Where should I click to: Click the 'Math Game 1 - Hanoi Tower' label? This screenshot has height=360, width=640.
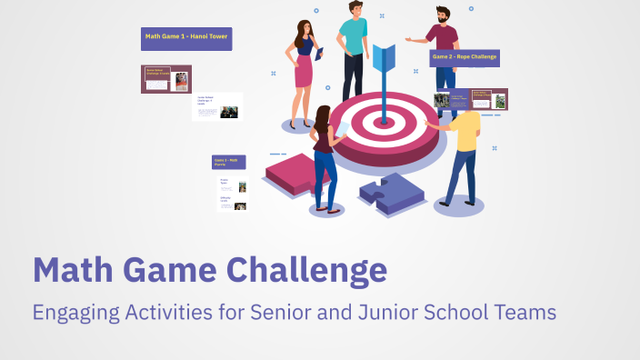click(x=186, y=38)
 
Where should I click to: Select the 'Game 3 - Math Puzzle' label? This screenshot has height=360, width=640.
click(x=228, y=162)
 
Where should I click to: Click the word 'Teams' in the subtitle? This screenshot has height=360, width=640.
click(x=525, y=313)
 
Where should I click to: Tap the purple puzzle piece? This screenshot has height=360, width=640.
click(x=390, y=193)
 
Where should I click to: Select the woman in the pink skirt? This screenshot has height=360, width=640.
click(x=303, y=73)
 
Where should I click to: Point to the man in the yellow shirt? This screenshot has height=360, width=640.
click(x=465, y=150)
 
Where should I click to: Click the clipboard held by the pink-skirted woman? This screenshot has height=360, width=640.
click(x=320, y=60)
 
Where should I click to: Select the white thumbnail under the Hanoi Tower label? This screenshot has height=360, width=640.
click(x=217, y=106)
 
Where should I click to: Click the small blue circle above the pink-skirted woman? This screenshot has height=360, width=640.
click(x=316, y=11)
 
